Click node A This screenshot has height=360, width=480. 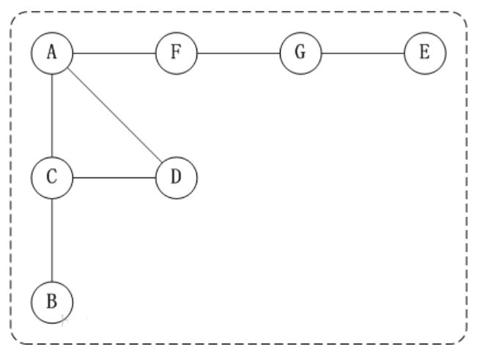pos(52,53)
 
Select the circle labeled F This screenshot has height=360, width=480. pos(176,53)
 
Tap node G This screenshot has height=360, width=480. pos(300,53)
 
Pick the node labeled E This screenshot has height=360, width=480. pos(424,53)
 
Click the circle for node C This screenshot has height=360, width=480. pos(52,177)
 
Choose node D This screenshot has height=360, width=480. pos(176,177)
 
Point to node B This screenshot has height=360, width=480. pos(52,301)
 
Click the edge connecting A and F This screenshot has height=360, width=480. pos(114,53)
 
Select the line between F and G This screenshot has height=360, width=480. pos(237,53)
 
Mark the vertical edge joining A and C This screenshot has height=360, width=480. pos(52,114)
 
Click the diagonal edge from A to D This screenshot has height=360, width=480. pos(114,114)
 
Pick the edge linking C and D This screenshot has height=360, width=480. pos(114,177)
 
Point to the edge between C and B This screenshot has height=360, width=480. pos(52,238)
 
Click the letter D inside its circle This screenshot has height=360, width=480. pos(176,177)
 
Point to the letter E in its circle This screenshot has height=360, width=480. pos(424,53)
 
